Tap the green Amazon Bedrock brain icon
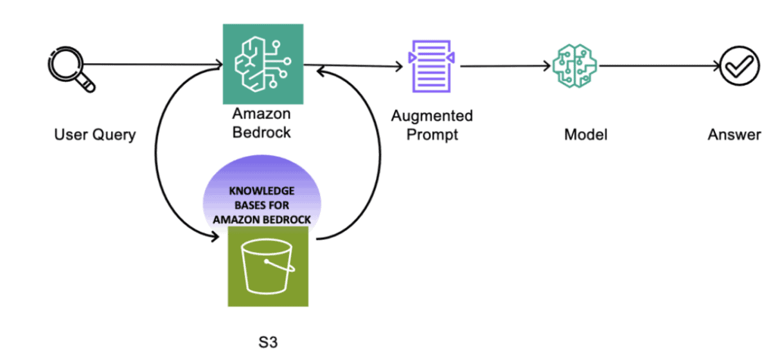click(x=263, y=64)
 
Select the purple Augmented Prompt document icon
click(x=431, y=66)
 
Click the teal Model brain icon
click(x=575, y=66)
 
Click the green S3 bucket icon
click(x=268, y=266)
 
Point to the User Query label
click(x=94, y=135)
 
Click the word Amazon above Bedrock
click(x=261, y=114)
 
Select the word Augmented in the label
click(x=432, y=116)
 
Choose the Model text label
click(x=585, y=135)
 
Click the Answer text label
click(x=734, y=135)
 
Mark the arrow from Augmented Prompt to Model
click(x=504, y=66)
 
